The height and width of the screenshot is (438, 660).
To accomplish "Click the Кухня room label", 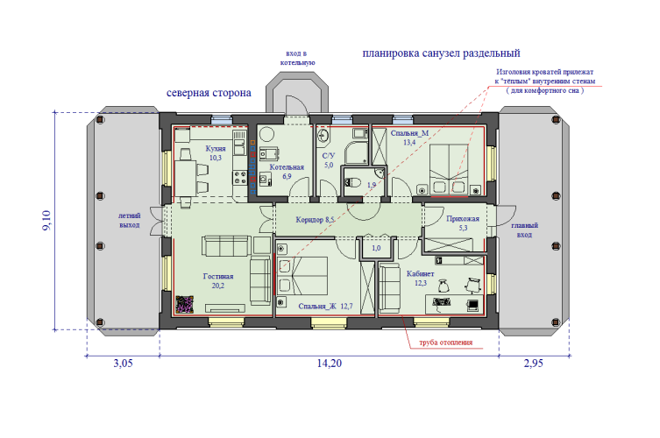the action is pyautogui.click(x=216, y=149).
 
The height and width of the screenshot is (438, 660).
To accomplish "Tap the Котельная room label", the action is pyautogui.click(x=287, y=167).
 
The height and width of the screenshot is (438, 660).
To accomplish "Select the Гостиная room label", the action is pyautogui.click(x=218, y=277).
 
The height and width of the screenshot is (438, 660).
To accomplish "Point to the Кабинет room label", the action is pyautogui.click(x=420, y=274).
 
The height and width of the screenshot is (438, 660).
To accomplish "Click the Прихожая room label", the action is pyautogui.click(x=463, y=219).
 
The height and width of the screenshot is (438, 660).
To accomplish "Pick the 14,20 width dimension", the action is pyautogui.click(x=330, y=364).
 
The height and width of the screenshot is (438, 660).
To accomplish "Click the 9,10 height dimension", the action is pyautogui.click(x=46, y=220).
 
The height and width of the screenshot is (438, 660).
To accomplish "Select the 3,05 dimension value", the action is pyautogui.click(x=123, y=364).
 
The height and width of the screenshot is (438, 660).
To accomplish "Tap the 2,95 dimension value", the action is pyautogui.click(x=533, y=364).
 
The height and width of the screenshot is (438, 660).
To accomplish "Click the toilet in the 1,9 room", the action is pyautogui.click(x=353, y=183).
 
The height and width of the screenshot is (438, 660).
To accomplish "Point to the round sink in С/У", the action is pyautogui.click(x=323, y=136).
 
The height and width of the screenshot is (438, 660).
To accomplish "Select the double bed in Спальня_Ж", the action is pyautogui.click(x=302, y=276).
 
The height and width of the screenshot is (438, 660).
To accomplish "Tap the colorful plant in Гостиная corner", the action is pyautogui.click(x=184, y=304).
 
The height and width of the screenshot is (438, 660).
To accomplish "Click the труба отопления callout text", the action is pyautogui.click(x=446, y=343).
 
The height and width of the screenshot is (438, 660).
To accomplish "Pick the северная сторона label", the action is pyautogui.click(x=209, y=93).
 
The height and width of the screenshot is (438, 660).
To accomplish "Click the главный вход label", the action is pyautogui.click(x=524, y=230).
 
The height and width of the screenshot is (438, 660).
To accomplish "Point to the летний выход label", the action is pyautogui.click(x=129, y=220).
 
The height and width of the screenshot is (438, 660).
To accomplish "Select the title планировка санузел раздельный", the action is pyautogui.click(x=441, y=53).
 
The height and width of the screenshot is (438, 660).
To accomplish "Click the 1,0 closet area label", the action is pyautogui.click(x=376, y=248).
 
